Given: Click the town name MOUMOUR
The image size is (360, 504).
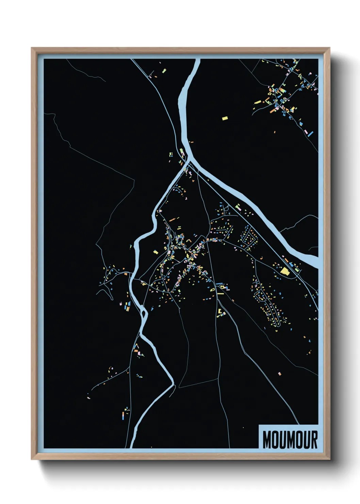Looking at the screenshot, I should pyautogui.click(x=290, y=440).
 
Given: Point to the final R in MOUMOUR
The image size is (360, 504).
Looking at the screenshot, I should pyautogui.click(x=314, y=440).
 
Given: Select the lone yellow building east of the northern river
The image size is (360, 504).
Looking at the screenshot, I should pyautogui.click(x=225, y=118).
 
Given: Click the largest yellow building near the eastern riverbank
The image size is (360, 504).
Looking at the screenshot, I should pyautogui.click(x=284, y=271).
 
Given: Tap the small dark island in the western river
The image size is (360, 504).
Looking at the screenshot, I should pyautogui.click(x=144, y=312).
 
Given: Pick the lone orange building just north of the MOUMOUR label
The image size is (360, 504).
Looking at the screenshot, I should pyautogui.click(x=279, y=374).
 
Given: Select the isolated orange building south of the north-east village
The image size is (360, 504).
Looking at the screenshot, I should pyautogui.click(x=275, y=132).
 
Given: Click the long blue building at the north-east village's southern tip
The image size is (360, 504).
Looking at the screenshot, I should pyautogui.click(x=310, y=133).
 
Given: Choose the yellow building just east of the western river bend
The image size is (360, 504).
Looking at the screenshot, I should pyautogui.click(x=156, y=252).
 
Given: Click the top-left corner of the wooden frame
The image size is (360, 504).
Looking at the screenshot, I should pyautogui.click(x=32, y=48).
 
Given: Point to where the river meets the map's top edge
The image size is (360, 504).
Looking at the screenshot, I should pyautogui.click(x=197, y=60).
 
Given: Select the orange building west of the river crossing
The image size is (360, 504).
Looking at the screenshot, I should pyautogui.click(x=125, y=273).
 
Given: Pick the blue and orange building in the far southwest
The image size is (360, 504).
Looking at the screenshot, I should pyautogui.click(x=123, y=415).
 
